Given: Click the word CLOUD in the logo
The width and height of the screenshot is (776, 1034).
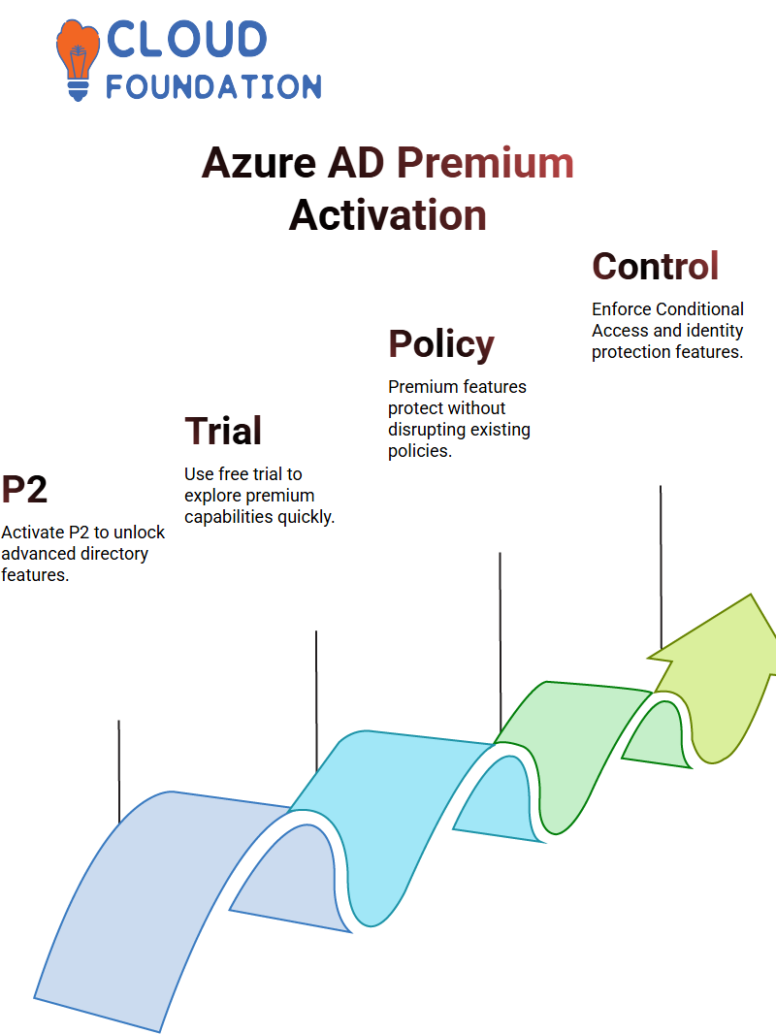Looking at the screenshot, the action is [x=186, y=39].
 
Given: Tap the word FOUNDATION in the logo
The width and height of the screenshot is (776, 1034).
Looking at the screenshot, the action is [x=213, y=86].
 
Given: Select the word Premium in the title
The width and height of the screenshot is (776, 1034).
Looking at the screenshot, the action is [x=485, y=162].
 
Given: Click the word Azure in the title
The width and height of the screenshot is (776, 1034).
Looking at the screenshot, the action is [x=259, y=162].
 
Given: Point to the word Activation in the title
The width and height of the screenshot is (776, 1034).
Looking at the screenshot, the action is [x=388, y=215].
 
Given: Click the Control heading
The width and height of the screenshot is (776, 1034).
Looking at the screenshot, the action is [x=656, y=266].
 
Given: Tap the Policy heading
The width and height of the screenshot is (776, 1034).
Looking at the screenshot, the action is [x=441, y=343].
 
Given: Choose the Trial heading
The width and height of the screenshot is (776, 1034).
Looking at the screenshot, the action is [x=223, y=431].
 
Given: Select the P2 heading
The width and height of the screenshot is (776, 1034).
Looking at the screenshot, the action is [x=24, y=489].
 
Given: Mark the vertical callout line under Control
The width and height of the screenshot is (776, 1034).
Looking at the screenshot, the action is [x=661, y=567].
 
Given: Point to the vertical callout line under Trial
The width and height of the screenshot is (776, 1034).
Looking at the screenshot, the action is [x=316, y=701].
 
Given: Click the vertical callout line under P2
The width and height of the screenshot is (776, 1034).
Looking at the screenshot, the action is [x=119, y=771].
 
